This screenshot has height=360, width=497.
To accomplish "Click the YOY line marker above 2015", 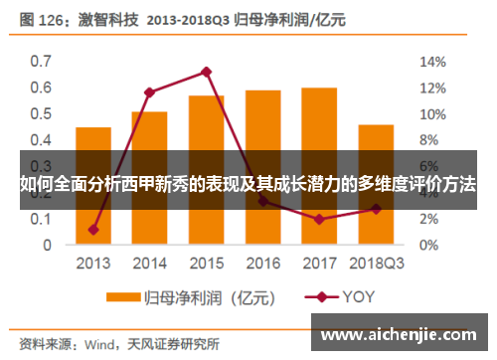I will tap(207, 72).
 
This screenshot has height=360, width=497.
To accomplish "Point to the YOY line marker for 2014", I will tap(150, 92).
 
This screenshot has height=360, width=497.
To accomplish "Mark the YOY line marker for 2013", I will tap(93, 230).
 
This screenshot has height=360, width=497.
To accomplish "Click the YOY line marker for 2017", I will tap(319, 219).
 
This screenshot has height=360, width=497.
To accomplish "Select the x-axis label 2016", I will tap(262, 263).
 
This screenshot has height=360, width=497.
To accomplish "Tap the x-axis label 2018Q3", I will tap(376, 263).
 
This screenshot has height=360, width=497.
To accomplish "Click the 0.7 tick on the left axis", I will tap(40, 61).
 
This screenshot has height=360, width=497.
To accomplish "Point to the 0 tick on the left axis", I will tap(46, 245).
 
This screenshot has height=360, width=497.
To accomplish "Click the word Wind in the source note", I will tap(98, 344).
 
